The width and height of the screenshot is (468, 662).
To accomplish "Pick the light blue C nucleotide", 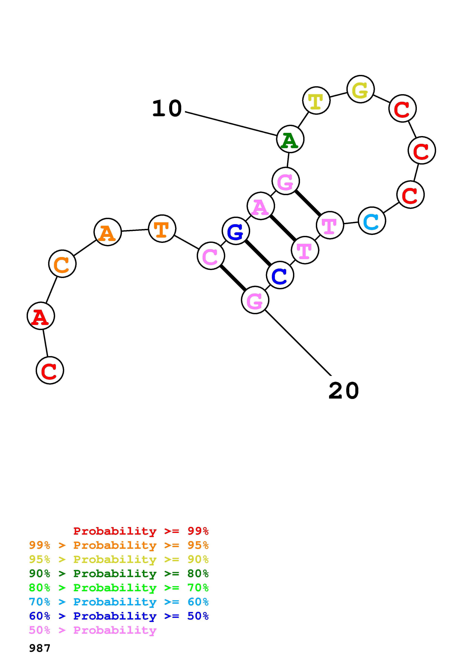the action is (x=372, y=221).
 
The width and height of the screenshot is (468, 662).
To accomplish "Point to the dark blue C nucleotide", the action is (x=280, y=275).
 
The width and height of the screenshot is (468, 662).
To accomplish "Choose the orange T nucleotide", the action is (x=162, y=229).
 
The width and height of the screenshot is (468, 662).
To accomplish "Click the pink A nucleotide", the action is (x=261, y=206).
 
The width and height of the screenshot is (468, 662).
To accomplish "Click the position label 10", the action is (x=167, y=109).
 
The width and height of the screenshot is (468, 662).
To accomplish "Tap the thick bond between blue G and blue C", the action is (x=258, y=253).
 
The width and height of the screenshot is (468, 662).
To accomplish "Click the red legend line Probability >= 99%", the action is (x=141, y=531).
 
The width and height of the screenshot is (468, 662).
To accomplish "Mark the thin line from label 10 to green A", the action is (x=231, y=123).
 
